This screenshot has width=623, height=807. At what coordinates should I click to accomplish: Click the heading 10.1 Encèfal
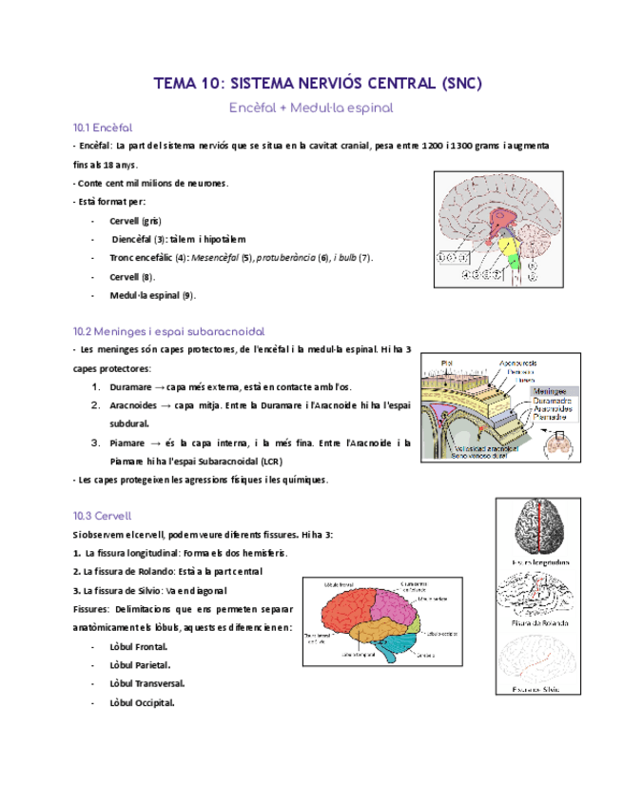point(102,128)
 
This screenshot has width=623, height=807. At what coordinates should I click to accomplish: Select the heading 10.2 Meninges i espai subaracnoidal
point(168,332)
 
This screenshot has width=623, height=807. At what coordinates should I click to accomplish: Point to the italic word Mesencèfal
point(217,258)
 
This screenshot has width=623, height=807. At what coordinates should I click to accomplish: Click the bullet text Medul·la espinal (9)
point(152,295)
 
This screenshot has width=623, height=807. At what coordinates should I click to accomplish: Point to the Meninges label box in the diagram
point(554,390)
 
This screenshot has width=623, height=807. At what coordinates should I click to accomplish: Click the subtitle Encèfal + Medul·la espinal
point(311,108)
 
